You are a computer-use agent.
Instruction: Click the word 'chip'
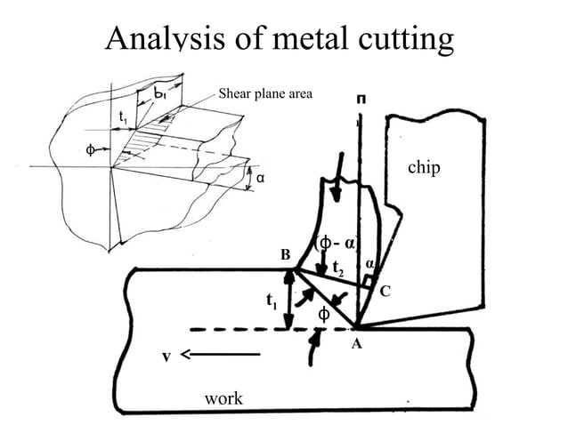[423, 168]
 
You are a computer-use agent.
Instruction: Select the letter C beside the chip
[385, 292]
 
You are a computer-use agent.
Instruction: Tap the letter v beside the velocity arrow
[165, 357]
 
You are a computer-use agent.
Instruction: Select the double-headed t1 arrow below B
[288, 299]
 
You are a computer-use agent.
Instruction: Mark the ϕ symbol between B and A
[324, 313]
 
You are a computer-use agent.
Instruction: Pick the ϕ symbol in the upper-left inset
[90, 148]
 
